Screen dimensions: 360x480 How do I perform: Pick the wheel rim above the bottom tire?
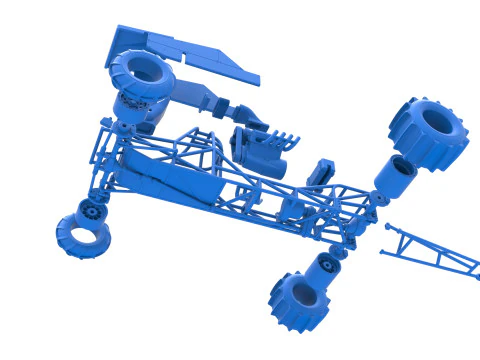tap(324, 268)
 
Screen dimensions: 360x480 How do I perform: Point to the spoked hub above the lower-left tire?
tap(91, 210)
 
